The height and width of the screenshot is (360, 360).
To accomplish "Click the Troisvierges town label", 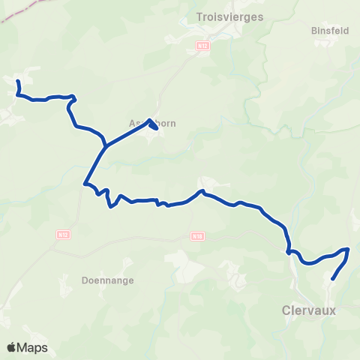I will (x=229, y=17).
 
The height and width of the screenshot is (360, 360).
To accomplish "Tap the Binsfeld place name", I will (x=327, y=31).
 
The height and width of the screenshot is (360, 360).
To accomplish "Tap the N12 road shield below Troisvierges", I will (x=201, y=46).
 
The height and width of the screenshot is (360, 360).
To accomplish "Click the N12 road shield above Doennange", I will (x=62, y=235).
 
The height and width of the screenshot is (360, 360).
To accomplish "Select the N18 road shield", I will (x=197, y=236).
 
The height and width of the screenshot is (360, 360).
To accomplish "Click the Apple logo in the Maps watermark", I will (x=11, y=347).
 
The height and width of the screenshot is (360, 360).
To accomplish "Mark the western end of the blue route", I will (x=16, y=79).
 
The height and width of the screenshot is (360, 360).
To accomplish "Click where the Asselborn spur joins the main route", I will (x=106, y=145).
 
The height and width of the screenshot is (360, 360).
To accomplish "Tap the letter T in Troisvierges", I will (x=198, y=17).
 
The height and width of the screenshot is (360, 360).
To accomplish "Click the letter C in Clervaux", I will (x=286, y=309).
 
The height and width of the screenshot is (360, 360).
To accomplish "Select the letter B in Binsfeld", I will (x=313, y=31).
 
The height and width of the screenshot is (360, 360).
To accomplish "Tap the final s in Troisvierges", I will (x=260, y=17).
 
